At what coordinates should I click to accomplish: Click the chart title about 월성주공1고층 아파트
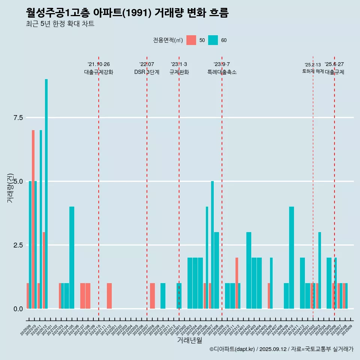(127, 13)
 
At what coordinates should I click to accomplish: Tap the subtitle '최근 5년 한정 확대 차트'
(60, 24)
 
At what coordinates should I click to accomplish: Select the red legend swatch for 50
(191, 40)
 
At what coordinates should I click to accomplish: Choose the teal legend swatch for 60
(213, 40)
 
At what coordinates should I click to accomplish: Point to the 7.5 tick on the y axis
(18, 118)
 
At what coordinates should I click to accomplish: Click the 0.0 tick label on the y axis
(18, 309)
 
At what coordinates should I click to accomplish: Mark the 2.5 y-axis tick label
(18, 245)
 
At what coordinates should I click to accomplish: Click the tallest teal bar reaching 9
(46, 193)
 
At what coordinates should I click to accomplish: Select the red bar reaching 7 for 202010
(33, 219)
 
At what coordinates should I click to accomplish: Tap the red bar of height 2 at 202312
(237, 283)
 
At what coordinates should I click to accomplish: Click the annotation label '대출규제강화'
(98, 72)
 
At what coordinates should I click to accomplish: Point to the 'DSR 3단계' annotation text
(147, 72)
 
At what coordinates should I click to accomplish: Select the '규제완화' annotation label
(179, 72)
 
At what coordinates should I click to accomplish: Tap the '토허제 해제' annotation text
(313, 71)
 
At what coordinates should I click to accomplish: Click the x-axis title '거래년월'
(189, 340)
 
